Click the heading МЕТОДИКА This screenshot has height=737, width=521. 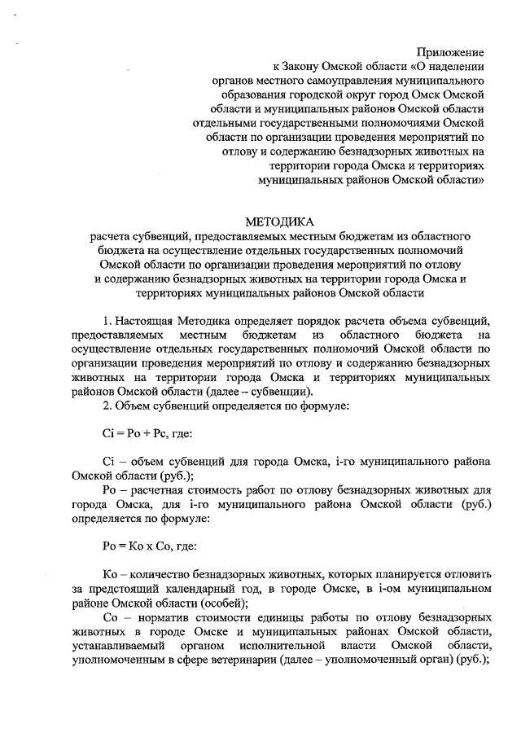pyautogui.click(x=278, y=222)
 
